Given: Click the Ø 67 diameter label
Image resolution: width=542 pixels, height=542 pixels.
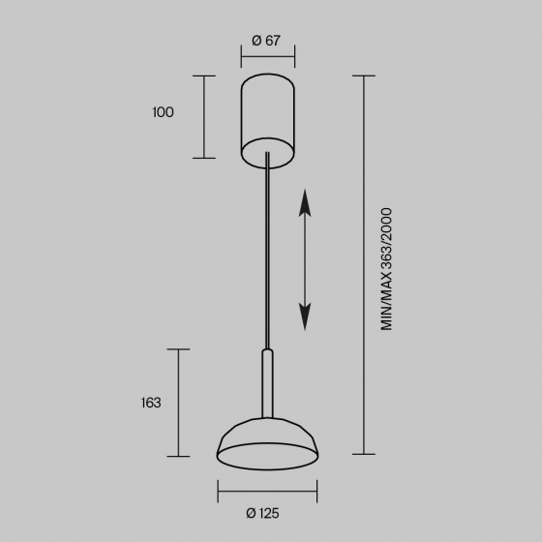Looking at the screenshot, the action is (x=266, y=41).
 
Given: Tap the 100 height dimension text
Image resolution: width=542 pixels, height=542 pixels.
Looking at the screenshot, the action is (x=163, y=112).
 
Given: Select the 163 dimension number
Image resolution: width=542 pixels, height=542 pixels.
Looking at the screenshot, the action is (x=151, y=403).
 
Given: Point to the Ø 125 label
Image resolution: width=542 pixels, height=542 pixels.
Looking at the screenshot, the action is (x=262, y=513).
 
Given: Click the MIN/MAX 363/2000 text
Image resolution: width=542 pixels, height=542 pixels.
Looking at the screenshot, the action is (x=386, y=269).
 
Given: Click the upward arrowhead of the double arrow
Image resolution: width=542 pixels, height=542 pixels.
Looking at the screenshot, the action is (x=305, y=203).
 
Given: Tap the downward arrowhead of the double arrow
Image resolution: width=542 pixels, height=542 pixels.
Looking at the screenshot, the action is (x=305, y=316).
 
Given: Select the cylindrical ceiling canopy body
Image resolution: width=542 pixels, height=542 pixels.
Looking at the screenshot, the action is (x=267, y=121).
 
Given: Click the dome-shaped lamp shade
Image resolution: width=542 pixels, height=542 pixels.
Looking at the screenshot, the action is (x=267, y=443).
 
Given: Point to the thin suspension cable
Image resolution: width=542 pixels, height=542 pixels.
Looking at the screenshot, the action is (x=267, y=251).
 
